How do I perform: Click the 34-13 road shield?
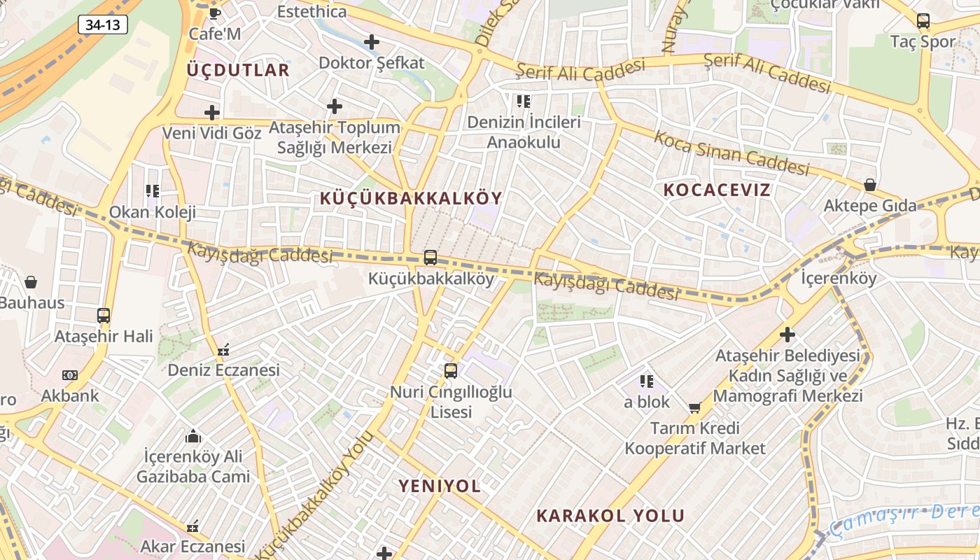click(x=103, y=25)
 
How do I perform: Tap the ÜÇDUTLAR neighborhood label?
click(x=238, y=70)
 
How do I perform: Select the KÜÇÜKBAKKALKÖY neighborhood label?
click(x=411, y=198)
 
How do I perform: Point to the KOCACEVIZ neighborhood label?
click(x=717, y=190)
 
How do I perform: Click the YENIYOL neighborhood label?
click(x=440, y=486)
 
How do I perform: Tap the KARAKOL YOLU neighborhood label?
click(x=610, y=516)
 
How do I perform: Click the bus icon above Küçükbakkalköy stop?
click(x=430, y=258)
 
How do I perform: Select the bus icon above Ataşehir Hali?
click(x=104, y=315)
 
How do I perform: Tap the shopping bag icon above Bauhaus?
click(x=31, y=282)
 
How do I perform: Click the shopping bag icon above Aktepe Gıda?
click(x=869, y=185)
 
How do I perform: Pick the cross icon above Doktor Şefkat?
click(x=372, y=42)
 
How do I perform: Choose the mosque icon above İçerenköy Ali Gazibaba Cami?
click(x=193, y=437)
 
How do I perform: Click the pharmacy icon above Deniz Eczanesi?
click(x=223, y=349)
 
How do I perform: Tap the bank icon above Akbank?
click(x=70, y=374)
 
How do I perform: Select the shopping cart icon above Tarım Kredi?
click(x=695, y=407)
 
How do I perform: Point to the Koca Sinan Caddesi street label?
click(x=731, y=152)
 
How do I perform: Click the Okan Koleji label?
click(x=152, y=212)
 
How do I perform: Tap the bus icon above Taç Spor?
click(x=923, y=21)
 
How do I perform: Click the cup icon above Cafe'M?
click(x=215, y=13)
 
